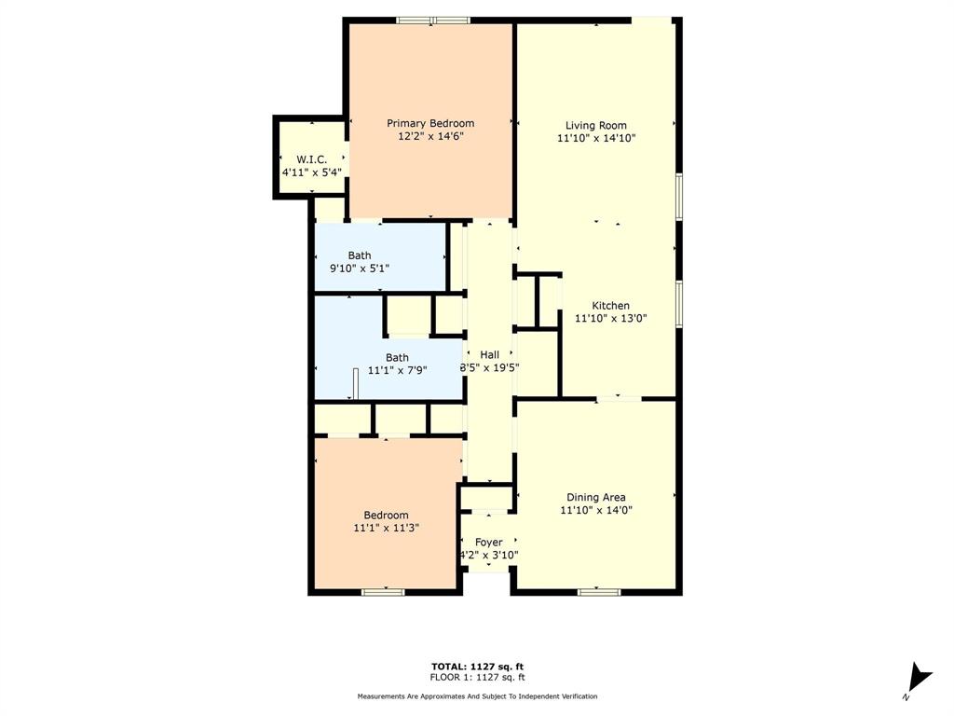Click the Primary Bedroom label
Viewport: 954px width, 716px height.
pos(430,123)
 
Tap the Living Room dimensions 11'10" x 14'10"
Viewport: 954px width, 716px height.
pos(596,138)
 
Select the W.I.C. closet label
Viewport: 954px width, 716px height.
pos(311,159)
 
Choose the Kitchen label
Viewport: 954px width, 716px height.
pos(611,305)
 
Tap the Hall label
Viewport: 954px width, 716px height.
pos(489,354)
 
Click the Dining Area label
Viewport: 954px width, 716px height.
pos(596,497)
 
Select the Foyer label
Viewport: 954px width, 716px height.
pos(488,542)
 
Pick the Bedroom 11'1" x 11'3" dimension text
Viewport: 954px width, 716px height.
pos(386,528)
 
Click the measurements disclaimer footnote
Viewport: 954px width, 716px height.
pos(477,696)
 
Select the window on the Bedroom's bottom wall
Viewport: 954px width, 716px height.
pos(383,591)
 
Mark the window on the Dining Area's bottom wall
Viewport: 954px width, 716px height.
pos(599,591)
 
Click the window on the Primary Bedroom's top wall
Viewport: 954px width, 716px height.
pos(432,20)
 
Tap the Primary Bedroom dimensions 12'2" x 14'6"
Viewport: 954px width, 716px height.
pos(430,136)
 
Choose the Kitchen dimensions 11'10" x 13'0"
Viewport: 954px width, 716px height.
pos(611,318)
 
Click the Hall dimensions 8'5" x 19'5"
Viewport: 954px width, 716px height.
pos(489,367)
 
